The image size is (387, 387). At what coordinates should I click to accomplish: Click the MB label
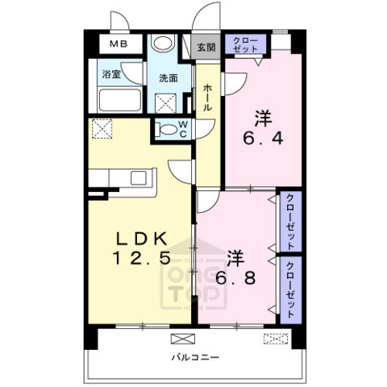pyautogui.click(x=119, y=44)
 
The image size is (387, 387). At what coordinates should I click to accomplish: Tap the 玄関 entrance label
pyautogui.click(x=206, y=48)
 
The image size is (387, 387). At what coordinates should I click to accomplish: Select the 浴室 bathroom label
pyautogui.click(x=111, y=74)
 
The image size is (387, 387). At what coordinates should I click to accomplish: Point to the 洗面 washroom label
pyautogui.click(x=169, y=78)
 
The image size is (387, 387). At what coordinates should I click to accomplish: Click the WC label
pyautogui.click(x=183, y=129)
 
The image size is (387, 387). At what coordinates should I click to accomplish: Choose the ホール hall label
pyautogui.click(x=207, y=98)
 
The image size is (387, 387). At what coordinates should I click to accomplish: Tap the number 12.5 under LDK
pyautogui.click(x=142, y=258)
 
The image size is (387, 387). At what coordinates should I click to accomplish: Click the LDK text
pyautogui.click(x=142, y=239)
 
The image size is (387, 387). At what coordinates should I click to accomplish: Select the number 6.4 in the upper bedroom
pyautogui.click(x=263, y=139)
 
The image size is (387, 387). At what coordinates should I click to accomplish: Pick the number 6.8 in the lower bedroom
pyautogui.click(x=235, y=277)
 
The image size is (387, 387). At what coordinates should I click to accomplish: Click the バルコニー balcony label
pyautogui.click(x=195, y=357)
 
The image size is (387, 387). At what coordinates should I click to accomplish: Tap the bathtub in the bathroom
pyautogui.click(x=120, y=99)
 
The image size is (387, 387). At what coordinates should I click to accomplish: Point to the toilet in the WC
pyautogui.click(x=166, y=130)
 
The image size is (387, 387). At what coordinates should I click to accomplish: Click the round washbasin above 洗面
pyautogui.click(x=163, y=43)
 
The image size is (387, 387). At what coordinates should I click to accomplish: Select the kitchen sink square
pyautogui.click(x=139, y=178)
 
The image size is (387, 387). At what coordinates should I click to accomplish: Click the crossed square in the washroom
pyautogui.click(x=165, y=103)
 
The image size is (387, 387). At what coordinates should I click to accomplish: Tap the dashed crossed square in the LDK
pyautogui.click(x=102, y=129)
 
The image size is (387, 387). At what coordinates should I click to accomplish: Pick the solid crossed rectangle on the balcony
pyautogui.click(x=183, y=339)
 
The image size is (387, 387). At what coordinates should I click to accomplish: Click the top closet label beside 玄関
pyautogui.click(x=245, y=44)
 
